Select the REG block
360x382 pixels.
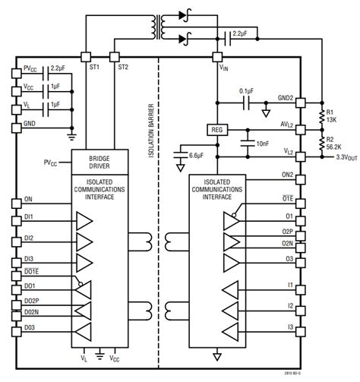pos(216,129)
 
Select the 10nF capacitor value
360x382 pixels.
pos(263,144)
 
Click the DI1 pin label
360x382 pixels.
pos(29,217)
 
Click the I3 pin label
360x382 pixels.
pos(289,327)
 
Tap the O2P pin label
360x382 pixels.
pos(286,231)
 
